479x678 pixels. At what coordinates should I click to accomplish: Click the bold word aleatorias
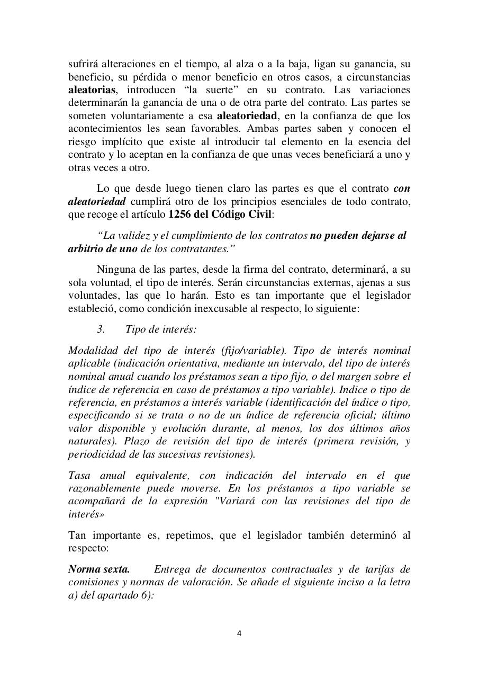[x=92, y=90]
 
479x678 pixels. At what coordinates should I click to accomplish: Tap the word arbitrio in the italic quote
[x=88, y=248]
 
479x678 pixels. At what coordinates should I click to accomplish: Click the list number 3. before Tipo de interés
[x=101, y=329]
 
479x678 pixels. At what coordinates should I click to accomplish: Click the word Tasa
[x=79, y=475]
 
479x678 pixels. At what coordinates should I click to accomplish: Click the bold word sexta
[x=116, y=569]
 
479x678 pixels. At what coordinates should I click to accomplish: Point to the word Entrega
[x=173, y=569]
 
